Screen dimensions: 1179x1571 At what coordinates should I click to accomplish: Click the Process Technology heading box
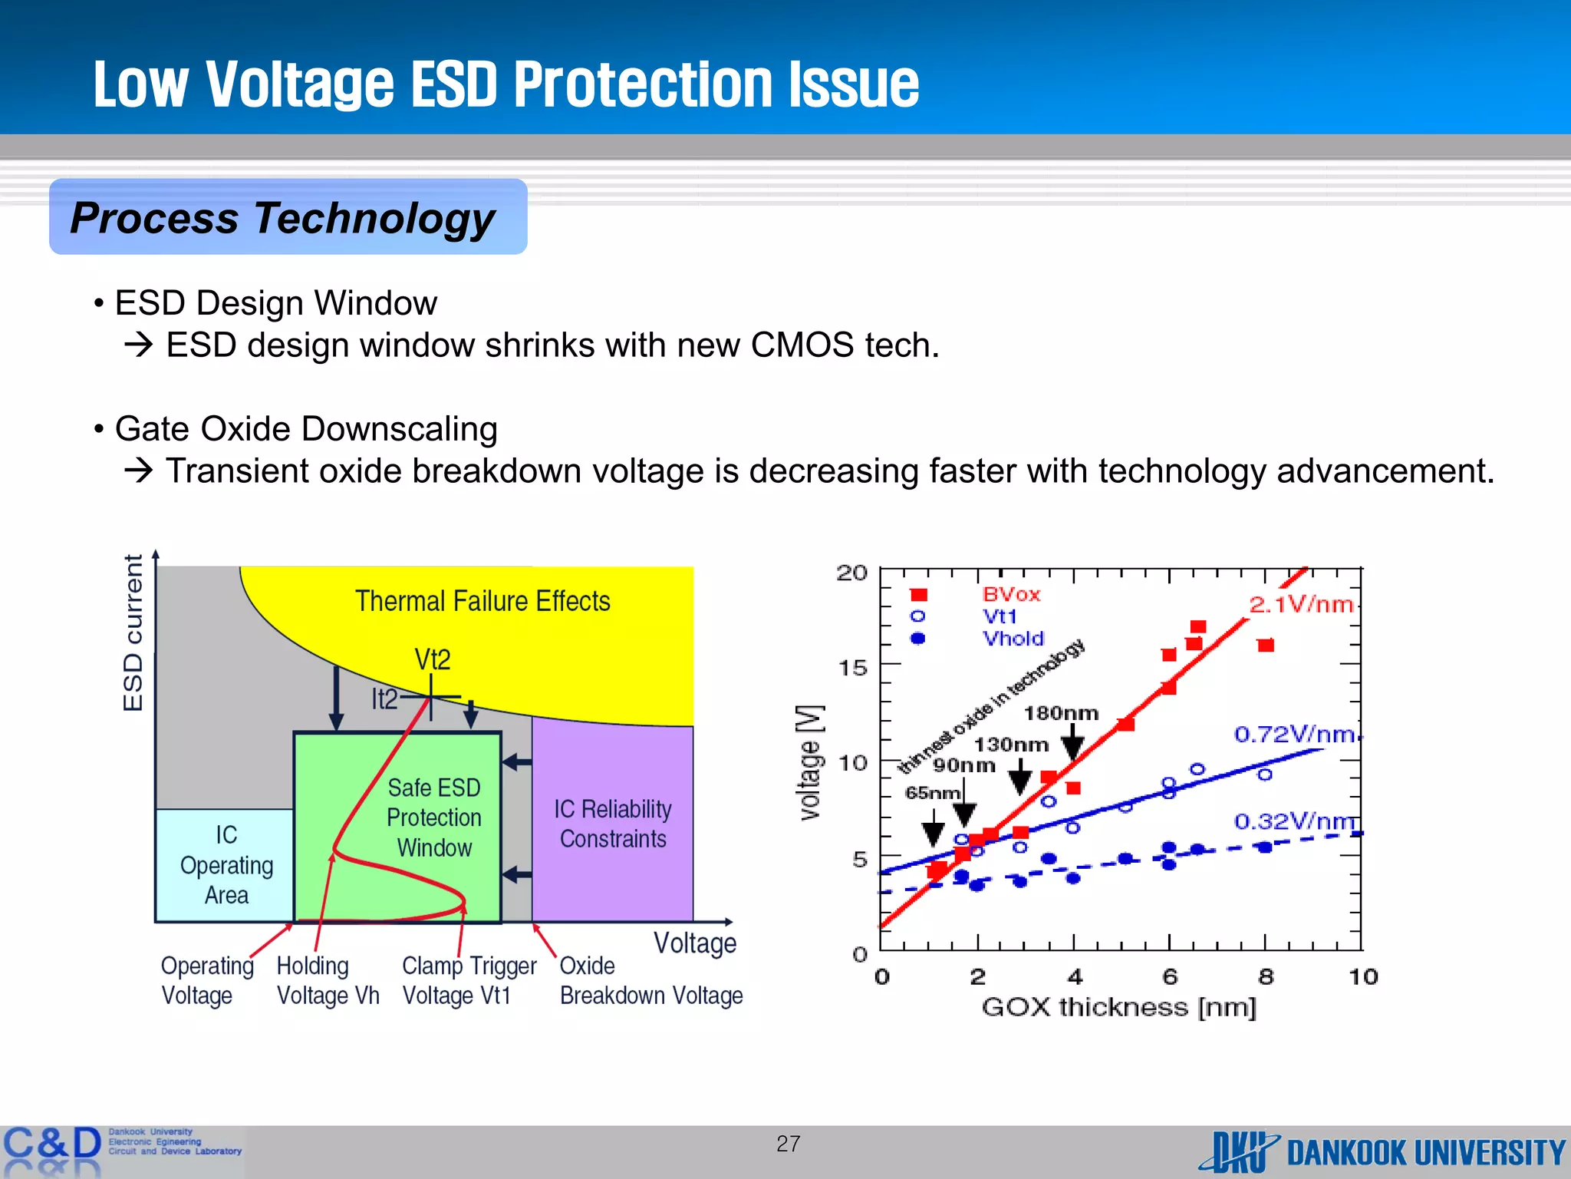[288, 217]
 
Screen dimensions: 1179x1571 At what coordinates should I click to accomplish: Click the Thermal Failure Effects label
[482, 601]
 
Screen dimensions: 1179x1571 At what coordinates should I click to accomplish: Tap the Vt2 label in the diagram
[433, 659]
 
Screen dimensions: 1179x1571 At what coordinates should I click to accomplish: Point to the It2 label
[384, 699]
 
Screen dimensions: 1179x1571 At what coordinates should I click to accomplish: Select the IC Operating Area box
[225, 865]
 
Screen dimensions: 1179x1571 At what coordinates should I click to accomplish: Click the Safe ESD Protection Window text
[434, 817]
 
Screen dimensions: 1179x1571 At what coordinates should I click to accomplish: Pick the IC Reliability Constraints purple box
[613, 824]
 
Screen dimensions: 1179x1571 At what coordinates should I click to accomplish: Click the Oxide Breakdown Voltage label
[650, 980]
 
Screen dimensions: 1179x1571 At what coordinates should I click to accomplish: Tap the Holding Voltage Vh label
[328, 980]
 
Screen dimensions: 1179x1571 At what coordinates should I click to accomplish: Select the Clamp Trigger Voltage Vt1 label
[469, 980]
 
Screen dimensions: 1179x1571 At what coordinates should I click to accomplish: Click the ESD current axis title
[133, 632]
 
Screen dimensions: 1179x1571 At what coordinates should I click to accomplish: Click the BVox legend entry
[1011, 594]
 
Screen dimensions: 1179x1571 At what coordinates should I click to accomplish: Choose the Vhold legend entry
[1013, 639]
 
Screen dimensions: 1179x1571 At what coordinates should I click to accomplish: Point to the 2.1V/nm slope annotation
[1301, 605]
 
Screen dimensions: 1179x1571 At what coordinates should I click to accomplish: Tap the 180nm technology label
[1061, 713]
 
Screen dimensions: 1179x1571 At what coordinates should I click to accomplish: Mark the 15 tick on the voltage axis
[852, 667]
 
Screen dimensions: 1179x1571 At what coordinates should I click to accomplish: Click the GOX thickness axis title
[1118, 1007]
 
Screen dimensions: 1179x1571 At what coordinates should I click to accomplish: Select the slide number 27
[788, 1144]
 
